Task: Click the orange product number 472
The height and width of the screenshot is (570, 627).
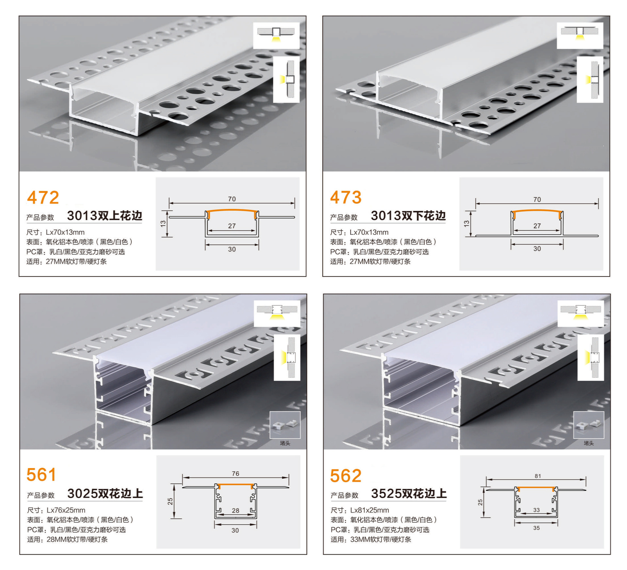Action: coord(43,198)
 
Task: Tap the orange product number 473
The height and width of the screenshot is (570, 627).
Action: coord(346,198)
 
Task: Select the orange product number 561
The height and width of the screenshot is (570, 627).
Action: coord(41,475)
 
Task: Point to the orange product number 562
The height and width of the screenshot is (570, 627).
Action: coord(346,476)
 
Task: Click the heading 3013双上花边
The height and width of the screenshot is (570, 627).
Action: coord(104,216)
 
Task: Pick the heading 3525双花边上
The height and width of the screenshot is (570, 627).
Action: coord(409,493)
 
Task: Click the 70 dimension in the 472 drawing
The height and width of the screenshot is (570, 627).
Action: coord(232,199)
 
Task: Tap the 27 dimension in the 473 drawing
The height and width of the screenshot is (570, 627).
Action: coord(537,226)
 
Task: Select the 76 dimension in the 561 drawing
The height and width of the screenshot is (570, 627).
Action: coord(235,473)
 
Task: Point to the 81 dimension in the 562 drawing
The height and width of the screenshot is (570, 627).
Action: coord(538,476)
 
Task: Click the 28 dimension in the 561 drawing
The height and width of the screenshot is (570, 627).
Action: coord(235,510)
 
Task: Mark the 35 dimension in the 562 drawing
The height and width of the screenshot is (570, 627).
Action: coord(537,528)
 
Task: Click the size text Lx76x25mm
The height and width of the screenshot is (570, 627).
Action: coord(66,510)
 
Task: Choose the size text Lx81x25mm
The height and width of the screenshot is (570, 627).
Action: coord(369,510)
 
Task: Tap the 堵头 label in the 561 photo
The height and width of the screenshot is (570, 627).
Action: coord(285,443)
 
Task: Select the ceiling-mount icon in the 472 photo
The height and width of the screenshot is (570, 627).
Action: coord(276,35)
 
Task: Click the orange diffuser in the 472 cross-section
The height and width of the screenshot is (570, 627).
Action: coord(232,211)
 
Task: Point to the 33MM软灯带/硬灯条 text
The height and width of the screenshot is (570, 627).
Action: coord(380,539)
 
